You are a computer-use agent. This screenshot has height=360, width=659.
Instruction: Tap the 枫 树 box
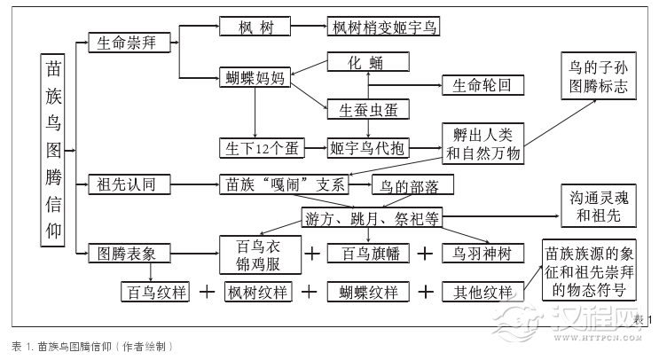255,27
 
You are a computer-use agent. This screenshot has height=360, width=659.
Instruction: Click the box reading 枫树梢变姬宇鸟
383,27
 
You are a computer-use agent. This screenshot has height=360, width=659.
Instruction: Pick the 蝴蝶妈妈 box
255,78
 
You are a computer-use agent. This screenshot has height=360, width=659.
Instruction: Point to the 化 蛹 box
367,62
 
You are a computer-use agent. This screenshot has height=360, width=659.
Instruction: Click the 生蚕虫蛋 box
367,110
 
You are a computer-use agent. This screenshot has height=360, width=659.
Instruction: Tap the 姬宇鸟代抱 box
367,147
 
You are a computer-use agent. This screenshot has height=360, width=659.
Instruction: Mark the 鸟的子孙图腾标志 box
597,77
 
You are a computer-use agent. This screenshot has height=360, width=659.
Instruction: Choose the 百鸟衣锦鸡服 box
255,254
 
